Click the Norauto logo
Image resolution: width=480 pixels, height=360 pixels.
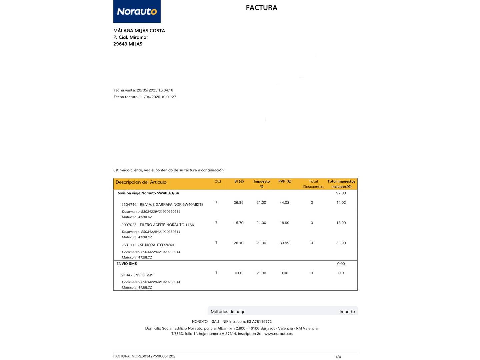click(x=137, y=12)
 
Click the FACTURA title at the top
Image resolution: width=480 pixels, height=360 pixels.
click(x=261, y=8)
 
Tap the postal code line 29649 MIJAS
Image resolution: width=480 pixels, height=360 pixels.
click(x=128, y=44)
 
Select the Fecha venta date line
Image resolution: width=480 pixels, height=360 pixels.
click(x=143, y=90)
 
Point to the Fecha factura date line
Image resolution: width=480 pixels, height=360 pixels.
click(x=145, y=97)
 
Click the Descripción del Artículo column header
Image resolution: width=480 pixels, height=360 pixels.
click(x=141, y=182)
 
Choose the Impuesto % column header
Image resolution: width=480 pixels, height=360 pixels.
click(x=262, y=184)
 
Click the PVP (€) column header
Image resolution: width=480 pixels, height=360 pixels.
click(x=285, y=182)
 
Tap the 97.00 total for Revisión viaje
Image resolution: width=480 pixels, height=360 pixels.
click(x=341, y=193)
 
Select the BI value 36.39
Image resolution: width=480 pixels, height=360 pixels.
click(x=238, y=203)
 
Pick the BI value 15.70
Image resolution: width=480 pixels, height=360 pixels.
click(x=238, y=223)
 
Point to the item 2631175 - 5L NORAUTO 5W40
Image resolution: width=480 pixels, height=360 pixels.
click(x=148, y=245)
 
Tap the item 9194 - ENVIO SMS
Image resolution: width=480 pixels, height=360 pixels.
click(x=137, y=275)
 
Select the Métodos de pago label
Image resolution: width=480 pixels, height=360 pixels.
click(x=228, y=312)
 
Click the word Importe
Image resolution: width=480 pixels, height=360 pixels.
click(x=347, y=312)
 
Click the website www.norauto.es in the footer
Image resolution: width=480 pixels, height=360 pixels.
click(x=278, y=334)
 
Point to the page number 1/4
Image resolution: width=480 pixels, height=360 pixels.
click(x=338, y=357)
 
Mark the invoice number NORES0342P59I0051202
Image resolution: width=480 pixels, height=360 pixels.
click(x=153, y=356)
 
